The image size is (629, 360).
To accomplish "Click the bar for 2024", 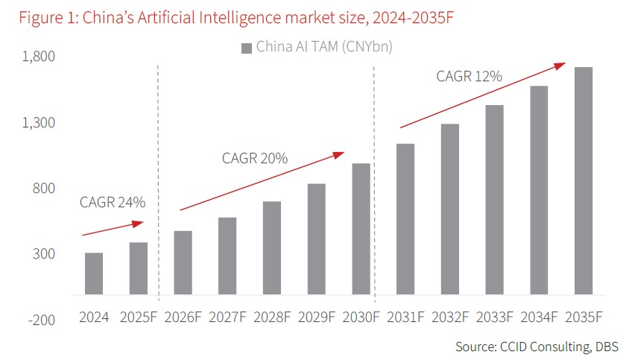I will pyautogui.click(x=94, y=274).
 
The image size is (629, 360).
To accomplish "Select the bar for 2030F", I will pyautogui.click(x=361, y=229).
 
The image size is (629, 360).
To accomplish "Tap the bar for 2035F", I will pyautogui.click(x=584, y=180).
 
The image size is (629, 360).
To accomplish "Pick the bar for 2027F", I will pyautogui.click(x=227, y=256).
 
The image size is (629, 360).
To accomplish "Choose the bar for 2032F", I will pyautogui.click(x=449, y=209).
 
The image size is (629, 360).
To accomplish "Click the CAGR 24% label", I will pyautogui.click(x=113, y=202).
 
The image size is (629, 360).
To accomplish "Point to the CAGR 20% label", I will pyautogui.click(x=255, y=158).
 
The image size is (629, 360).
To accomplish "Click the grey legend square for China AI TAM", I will pyautogui.click(x=246, y=48).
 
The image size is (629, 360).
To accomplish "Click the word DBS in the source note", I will pyautogui.click(x=605, y=347).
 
